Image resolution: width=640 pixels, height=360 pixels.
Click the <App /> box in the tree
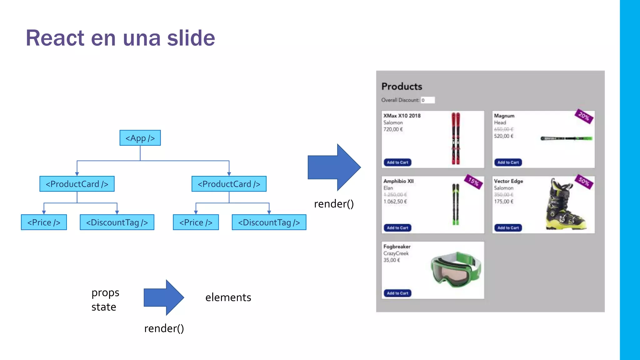(x=140, y=138)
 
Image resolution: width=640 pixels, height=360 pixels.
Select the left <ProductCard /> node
(x=77, y=184)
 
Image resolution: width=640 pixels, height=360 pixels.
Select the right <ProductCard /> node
(x=229, y=184)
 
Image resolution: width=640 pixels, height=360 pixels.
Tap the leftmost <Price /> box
(x=44, y=222)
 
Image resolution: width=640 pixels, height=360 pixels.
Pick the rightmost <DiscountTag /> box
(x=269, y=222)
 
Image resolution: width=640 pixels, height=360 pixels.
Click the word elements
(x=228, y=297)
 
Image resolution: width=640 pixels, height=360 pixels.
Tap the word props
(x=105, y=293)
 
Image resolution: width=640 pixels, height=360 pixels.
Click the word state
(x=104, y=307)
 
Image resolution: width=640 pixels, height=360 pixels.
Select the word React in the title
(x=55, y=38)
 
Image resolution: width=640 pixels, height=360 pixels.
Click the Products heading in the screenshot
(x=402, y=86)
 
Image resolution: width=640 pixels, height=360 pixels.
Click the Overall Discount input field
(x=427, y=100)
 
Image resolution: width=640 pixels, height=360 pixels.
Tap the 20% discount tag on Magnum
(x=584, y=116)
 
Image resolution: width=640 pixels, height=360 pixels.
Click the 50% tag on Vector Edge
(x=584, y=181)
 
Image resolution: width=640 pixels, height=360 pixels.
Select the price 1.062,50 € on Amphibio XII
(x=395, y=202)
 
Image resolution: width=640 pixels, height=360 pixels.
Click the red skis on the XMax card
(x=456, y=138)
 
